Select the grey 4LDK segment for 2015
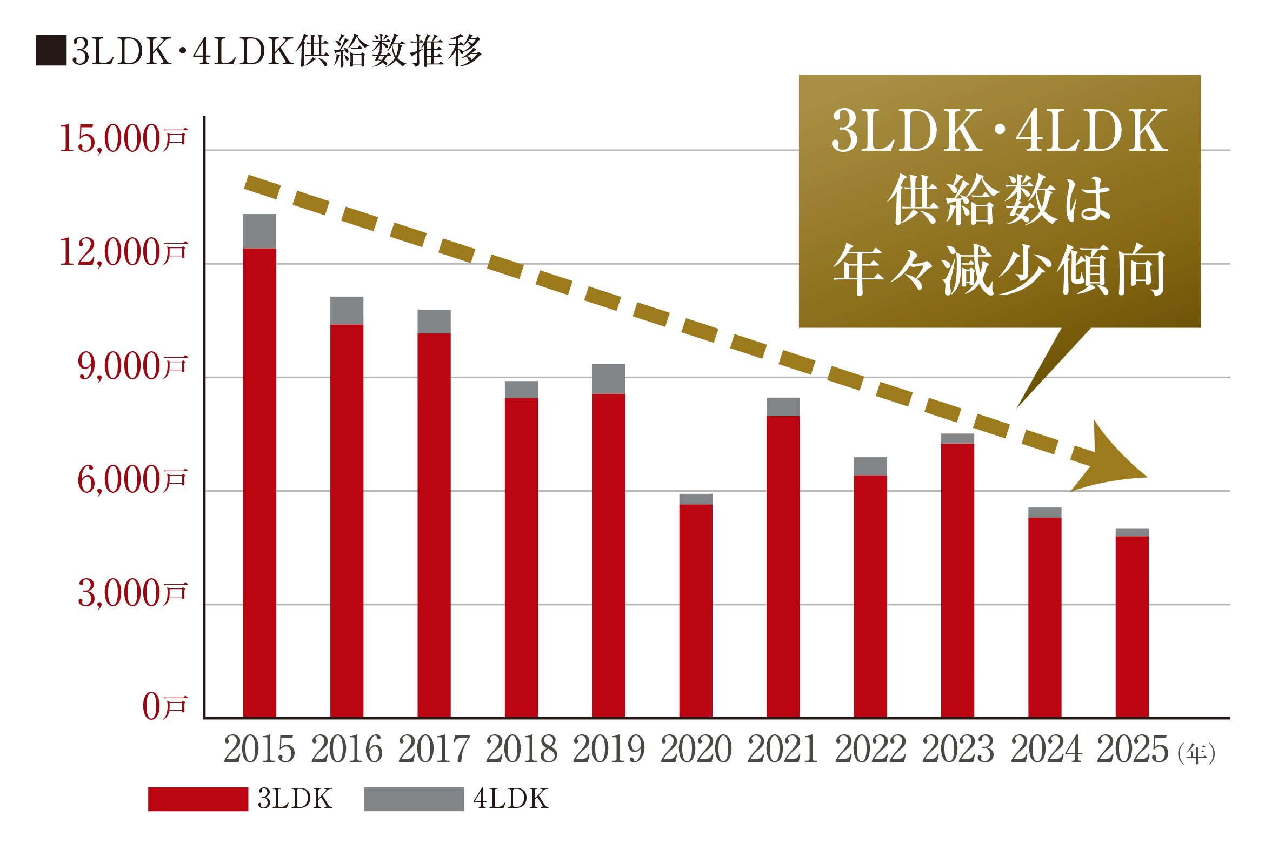(x=259, y=231)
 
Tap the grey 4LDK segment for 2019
(x=609, y=379)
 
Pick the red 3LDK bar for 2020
(x=696, y=611)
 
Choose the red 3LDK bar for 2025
(x=1132, y=627)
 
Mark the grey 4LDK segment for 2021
(x=783, y=406)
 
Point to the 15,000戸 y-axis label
(x=123, y=139)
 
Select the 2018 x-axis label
(x=521, y=750)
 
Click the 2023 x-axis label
(x=958, y=750)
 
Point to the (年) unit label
(x=1196, y=753)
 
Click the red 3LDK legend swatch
(x=198, y=799)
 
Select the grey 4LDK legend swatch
(x=414, y=799)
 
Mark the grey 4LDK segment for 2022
(x=870, y=466)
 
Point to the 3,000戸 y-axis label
(x=132, y=593)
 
